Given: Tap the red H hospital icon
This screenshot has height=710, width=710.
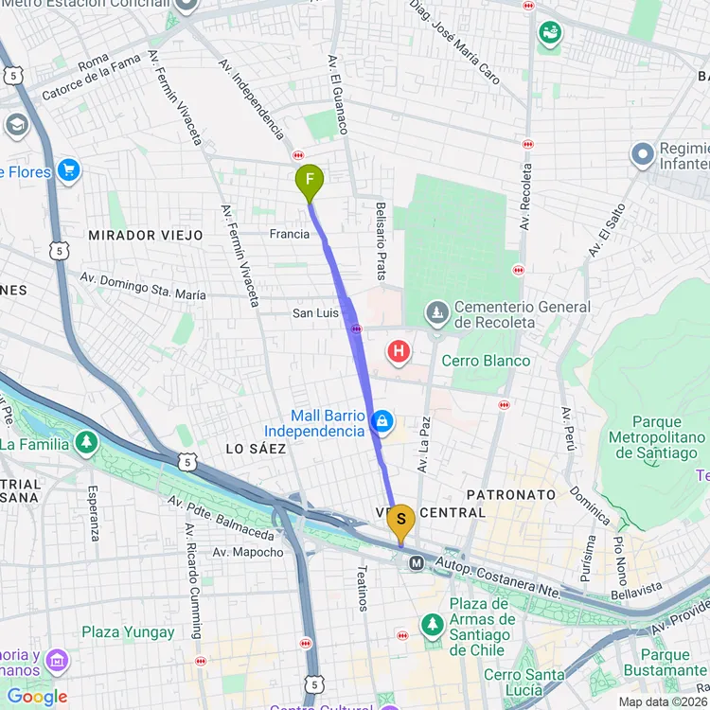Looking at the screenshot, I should point(399,353).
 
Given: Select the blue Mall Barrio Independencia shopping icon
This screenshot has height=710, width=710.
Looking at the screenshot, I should point(382,421).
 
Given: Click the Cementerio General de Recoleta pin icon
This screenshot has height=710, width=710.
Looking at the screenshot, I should point(436,311).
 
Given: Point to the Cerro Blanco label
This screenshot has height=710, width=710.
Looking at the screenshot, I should point(486,361).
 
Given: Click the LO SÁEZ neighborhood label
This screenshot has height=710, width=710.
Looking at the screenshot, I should point(256,449).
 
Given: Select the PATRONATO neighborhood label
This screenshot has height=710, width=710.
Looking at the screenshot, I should point(511,495).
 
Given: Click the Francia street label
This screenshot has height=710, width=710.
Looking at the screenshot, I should point(290,234).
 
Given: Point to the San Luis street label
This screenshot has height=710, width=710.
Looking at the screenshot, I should point(315,312).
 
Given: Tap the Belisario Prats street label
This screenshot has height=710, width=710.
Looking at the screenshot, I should point(381,240).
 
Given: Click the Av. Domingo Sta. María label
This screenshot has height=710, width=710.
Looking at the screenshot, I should point(142,287).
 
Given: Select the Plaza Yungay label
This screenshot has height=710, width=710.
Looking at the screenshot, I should point(128,632).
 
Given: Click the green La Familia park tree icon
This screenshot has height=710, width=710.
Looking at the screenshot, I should point(87,442).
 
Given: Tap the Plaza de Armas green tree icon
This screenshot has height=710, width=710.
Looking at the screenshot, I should point(433,625).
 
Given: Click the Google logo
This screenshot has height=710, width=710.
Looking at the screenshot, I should point(37,697).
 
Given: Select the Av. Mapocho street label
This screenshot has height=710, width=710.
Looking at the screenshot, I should point(247,552).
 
